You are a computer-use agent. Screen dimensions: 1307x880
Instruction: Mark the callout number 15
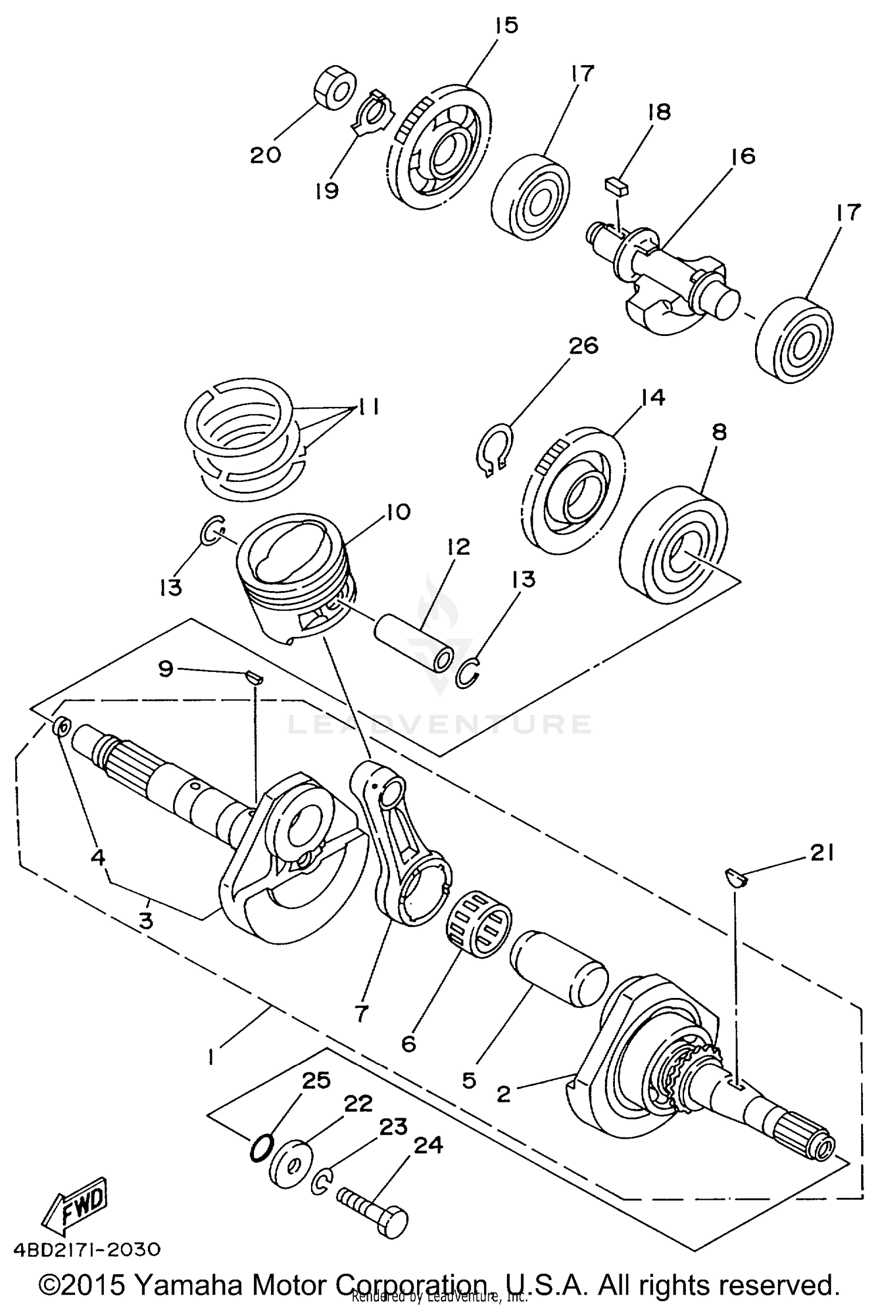pos(506,26)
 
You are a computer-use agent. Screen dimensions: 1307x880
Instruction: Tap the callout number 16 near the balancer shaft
pos(743,157)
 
